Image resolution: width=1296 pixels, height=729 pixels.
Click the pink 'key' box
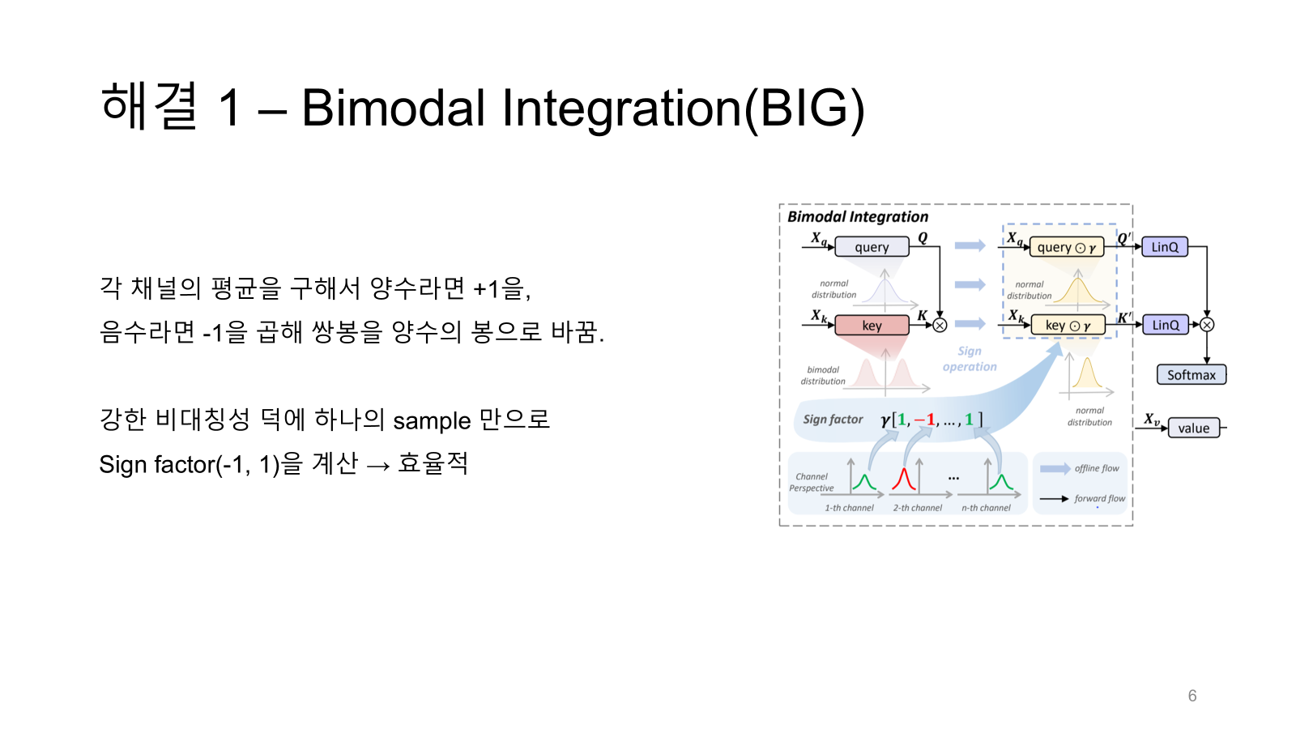(x=872, y=325)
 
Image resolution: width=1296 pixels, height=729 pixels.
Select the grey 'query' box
(x=872, y=247)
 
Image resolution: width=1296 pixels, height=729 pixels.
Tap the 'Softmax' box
(x=1192, y=375)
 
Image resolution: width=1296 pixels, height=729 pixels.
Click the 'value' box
(x=1194, y=428)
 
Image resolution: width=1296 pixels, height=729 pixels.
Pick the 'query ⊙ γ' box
(x=1066, y=248)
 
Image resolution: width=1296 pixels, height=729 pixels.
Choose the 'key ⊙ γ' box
(x=1068, y=326)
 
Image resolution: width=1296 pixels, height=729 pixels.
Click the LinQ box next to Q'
(x=1165, y=247)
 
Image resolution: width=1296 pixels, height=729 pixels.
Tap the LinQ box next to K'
(x=1166, y=325)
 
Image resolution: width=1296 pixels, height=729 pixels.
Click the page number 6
(x=1192, y=696)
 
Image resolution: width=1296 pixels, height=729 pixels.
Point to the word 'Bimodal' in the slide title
(x=394, y=109)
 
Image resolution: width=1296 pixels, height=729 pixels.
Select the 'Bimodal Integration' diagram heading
(x=858, y=217)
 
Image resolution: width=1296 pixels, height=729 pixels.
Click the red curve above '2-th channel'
(x=903, y=480)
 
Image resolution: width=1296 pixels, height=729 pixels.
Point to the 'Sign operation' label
(x=970, y=359)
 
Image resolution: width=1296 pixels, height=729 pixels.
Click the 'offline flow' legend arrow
(x=1055, y=469)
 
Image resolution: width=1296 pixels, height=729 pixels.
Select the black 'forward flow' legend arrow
(x=1054, y=499)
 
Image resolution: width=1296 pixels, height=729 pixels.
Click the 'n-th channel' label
(x=986, y=508)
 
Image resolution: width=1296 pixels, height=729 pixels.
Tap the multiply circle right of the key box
(x=940, y=326)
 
